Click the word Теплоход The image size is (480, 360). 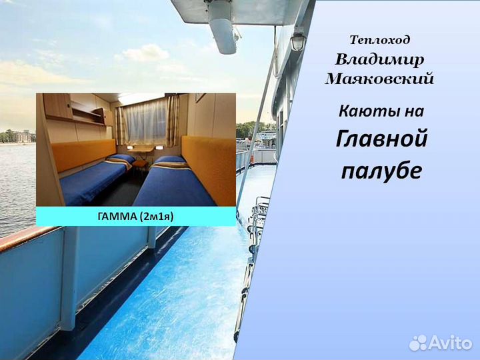click(x=380, y=41)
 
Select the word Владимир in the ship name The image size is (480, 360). click(x=379, y=59)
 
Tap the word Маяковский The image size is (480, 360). click(x=379, y=79)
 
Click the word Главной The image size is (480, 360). click(x=381, y=139)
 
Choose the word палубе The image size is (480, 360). click(x=381, y=171)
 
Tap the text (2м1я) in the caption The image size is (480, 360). click(x=157, y=216)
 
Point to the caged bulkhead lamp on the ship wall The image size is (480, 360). click(x=297, y=41)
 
